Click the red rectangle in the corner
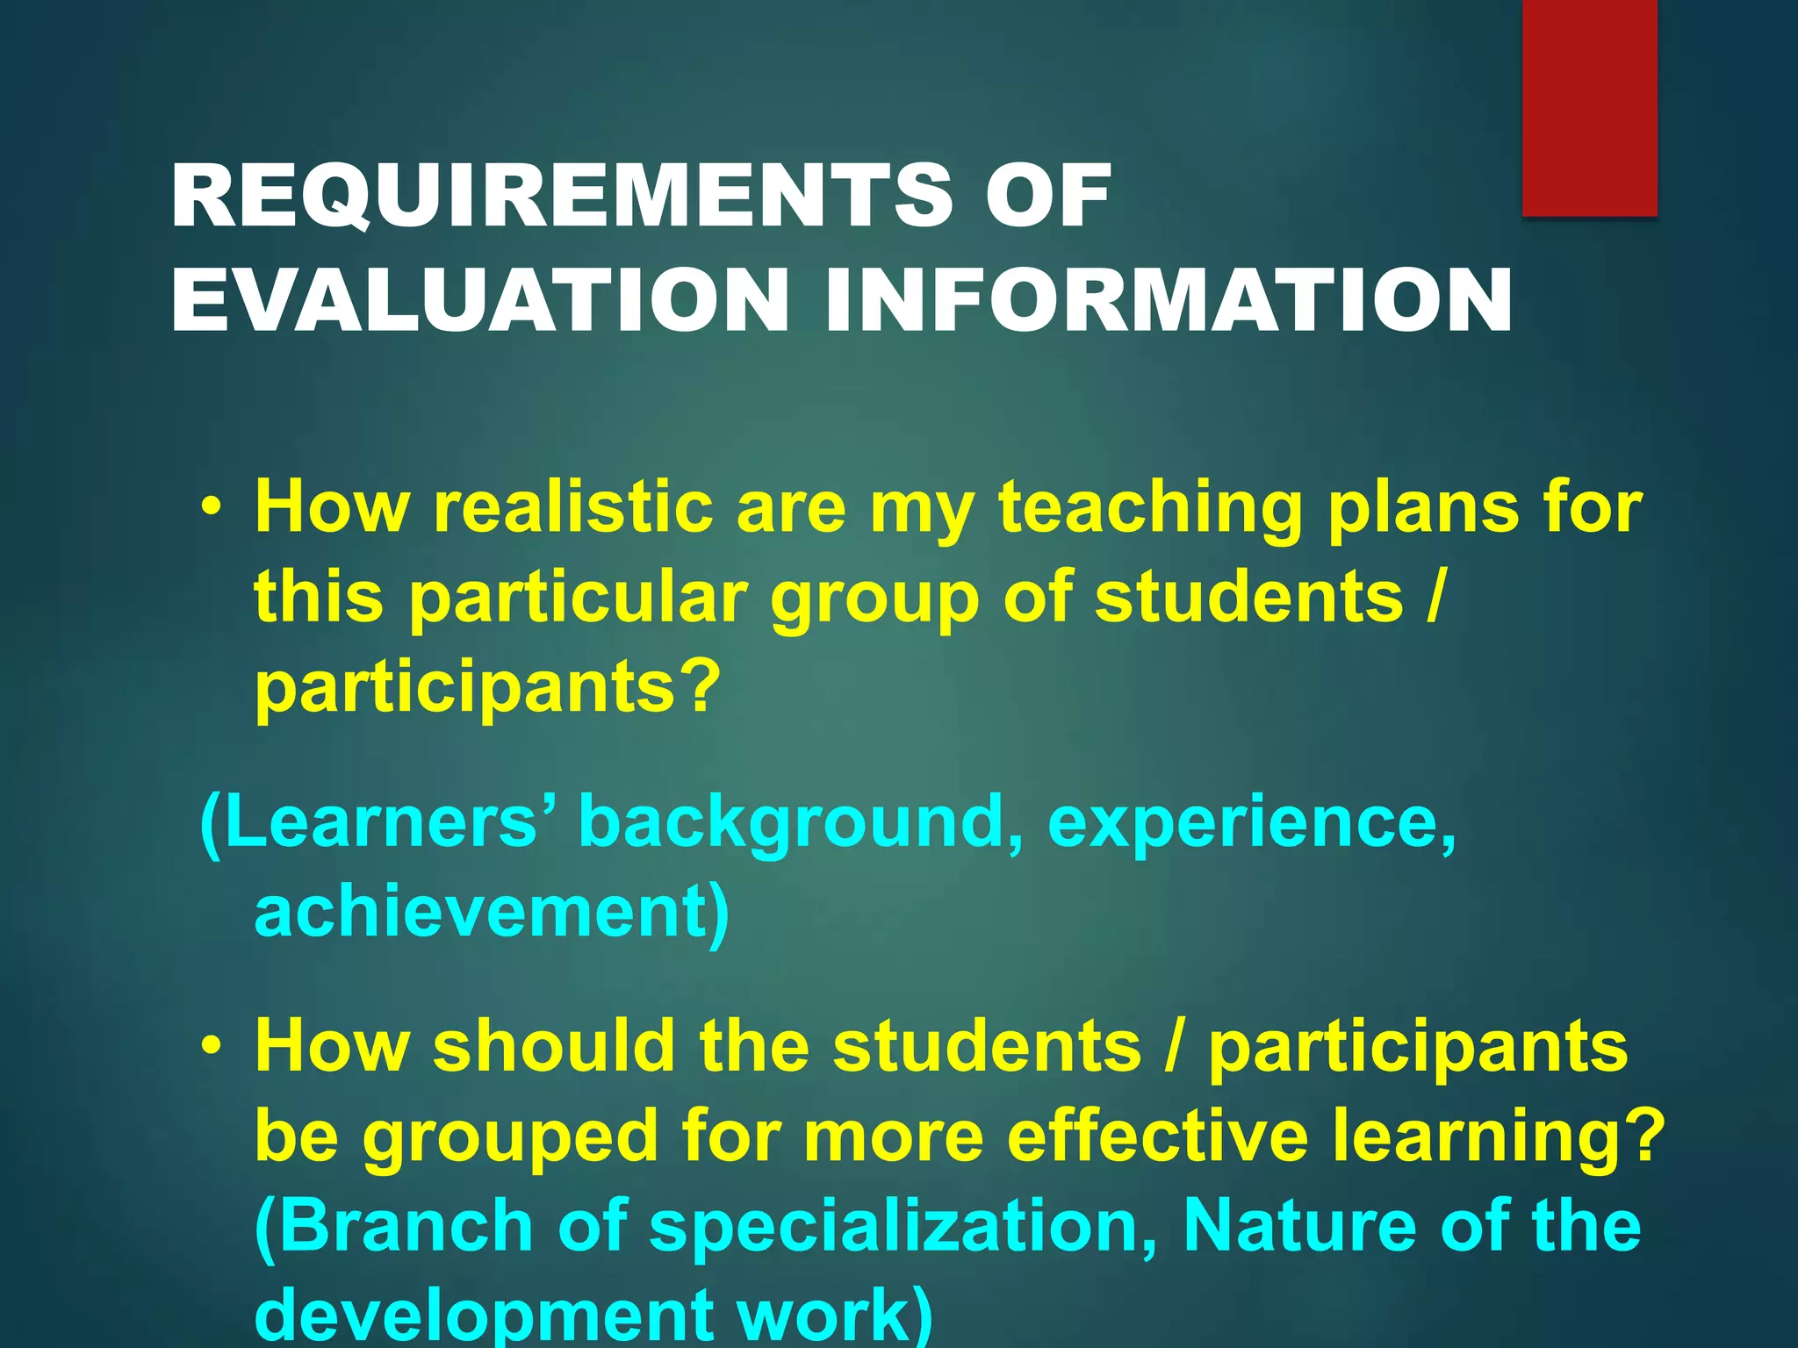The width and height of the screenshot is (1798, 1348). tap(1589, 107)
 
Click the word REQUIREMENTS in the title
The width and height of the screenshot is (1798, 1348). tap(562, 197)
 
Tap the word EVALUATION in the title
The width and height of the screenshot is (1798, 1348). tap(479, 300)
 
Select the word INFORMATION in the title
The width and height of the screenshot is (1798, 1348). tap(1168, 300)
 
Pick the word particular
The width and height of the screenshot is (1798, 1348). tap(579, 600)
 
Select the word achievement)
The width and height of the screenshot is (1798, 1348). tap(492, 913)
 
